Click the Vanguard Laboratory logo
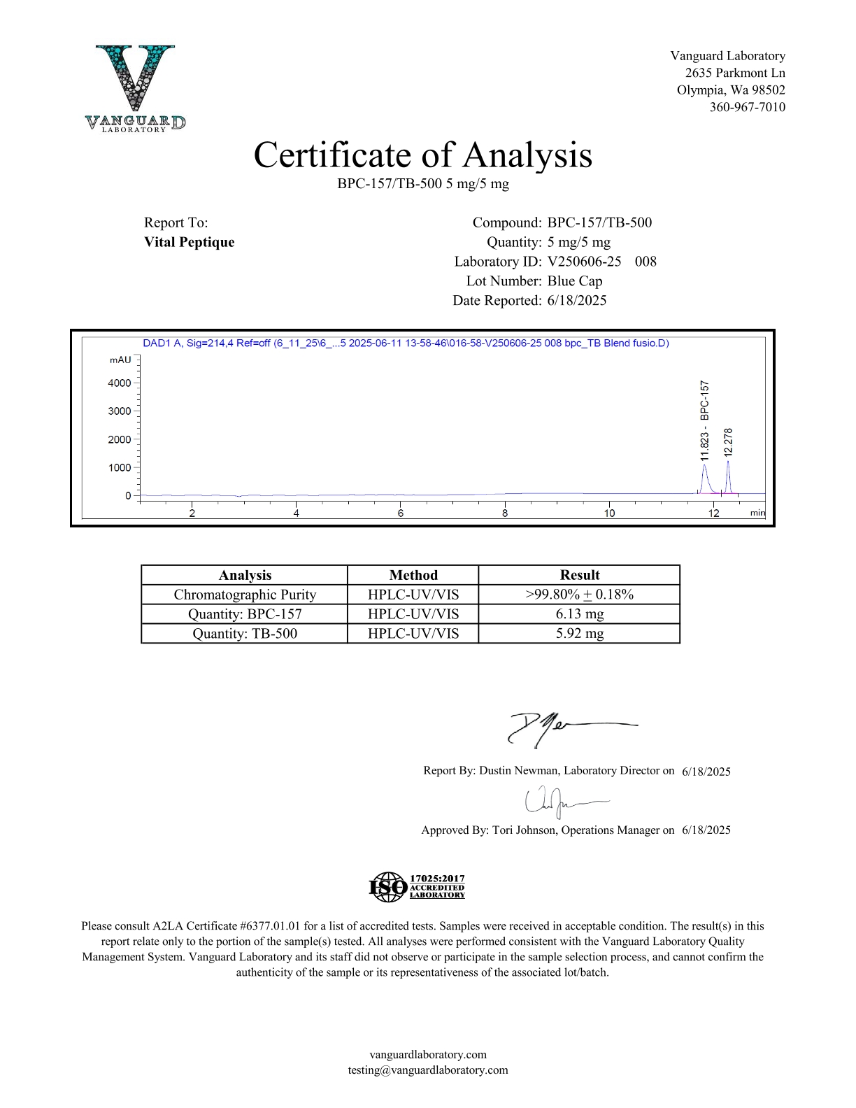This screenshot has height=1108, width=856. pyautogui.click(x=136, y=88)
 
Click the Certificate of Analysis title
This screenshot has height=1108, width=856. pyautogui.click(x=422, y=155)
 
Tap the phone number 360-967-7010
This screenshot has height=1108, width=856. pyautogui.click(x=747, y=107)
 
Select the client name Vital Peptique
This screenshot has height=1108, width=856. pyautogui.click(x=189, y=242)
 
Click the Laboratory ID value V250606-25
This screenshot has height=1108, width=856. pyautogui.click(x=584, y=262)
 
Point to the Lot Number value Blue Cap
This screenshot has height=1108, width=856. pyautogui.click(x=574, y=281)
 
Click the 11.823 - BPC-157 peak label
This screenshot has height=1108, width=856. pyautogui.click(x=704, y=420)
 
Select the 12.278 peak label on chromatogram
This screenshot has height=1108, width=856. pyautogui.click(x=728, y=442)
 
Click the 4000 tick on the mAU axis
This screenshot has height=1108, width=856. pyautogui.click(x=120, y=383)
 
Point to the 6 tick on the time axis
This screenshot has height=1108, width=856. pyautogui.click(x=401, y=513)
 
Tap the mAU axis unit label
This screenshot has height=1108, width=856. pyautogui.click(x=120, y=360)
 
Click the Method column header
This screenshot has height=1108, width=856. pyautogui.click(x=413, y=575)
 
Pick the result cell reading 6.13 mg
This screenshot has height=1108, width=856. pyautogui.click(x=580, y=614)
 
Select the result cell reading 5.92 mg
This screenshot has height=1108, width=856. pyautogui.click(x=580, y=634)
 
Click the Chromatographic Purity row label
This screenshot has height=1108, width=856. pyautogui.click(x=245, y=595)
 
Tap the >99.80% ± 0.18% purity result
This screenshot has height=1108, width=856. pyautogui.click(x=580, y=595)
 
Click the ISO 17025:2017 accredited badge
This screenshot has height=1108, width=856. pyautogui.click(x=417, y=887)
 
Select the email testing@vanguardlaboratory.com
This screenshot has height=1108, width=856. pyautogui.click(x=428, y=1070)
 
